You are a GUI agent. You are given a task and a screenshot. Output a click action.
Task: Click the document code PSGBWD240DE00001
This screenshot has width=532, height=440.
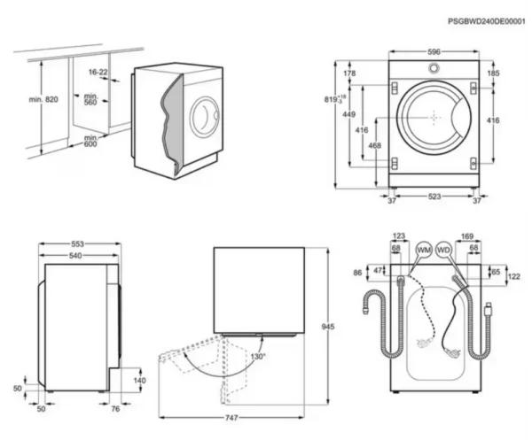coord(486,20)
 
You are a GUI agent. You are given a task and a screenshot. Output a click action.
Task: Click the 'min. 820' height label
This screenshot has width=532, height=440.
coord(43,100)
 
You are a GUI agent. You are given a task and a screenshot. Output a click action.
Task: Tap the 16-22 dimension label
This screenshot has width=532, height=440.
coord(98,72)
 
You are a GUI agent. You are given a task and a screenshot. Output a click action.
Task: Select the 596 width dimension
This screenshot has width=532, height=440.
coord(434,51)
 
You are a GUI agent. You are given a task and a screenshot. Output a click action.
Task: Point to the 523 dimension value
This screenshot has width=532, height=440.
coord(434,197)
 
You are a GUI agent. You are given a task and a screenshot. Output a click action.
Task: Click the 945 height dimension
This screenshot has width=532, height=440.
coord(328,328)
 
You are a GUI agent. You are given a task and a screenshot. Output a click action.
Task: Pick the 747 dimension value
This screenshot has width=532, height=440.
coord(232,416)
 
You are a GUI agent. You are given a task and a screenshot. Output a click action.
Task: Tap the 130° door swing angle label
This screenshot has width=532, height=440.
coord(258,356)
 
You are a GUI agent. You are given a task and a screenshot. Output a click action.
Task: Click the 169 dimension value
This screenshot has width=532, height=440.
coord(466,236)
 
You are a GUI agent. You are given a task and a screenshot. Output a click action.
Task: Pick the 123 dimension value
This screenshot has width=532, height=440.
coord(398,236)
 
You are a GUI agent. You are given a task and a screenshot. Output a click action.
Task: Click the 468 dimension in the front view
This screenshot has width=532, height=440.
coord(375,146)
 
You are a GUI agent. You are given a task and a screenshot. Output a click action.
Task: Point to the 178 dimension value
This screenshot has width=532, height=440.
coord(350,73)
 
